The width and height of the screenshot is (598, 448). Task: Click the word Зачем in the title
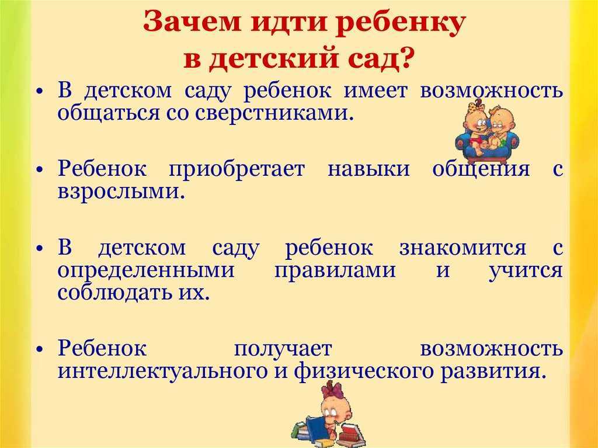point(192,22)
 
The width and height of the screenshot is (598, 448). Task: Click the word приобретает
point(237,169)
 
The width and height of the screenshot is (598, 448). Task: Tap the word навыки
point(368,169)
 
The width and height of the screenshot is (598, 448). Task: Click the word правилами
point(335,271)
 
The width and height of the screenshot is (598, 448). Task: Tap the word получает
point(283,349)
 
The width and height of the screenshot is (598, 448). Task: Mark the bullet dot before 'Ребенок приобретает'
point(40,170)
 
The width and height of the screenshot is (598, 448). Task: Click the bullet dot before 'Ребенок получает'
point(40,349)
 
